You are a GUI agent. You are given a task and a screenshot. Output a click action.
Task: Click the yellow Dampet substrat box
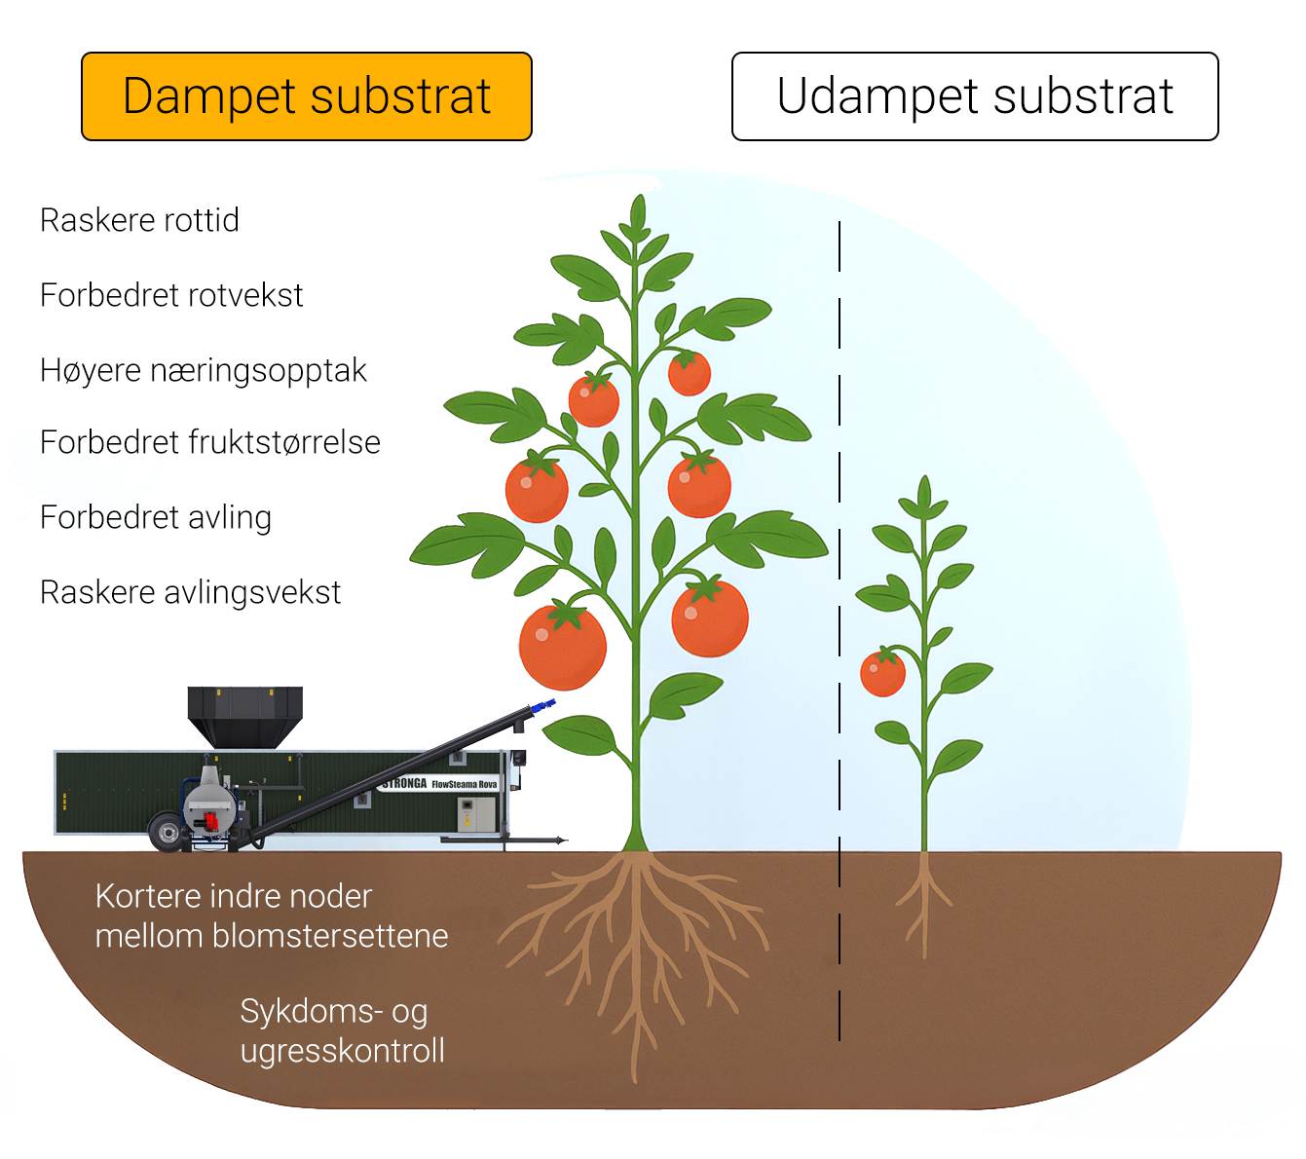pos(307,96)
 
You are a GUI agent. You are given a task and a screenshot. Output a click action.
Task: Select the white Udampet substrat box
pos(975,96)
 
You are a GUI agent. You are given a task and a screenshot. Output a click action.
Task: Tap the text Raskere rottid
pos(139,220)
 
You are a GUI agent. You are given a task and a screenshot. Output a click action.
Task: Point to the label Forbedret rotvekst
pos(171,295)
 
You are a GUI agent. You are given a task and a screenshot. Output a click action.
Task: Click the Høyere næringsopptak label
pos(204,370)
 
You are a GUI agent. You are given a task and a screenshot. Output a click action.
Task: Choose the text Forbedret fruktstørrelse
pos(210,442)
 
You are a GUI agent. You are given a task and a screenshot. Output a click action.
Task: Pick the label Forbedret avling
pos(156,517)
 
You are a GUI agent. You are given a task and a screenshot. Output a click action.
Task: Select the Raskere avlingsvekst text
pos(191,592)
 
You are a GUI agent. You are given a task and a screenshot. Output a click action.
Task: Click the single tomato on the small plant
pos(883,674)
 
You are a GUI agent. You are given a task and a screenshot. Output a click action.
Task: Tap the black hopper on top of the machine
pos(244,715)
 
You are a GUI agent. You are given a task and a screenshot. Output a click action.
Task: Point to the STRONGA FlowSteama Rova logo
pos(440,783)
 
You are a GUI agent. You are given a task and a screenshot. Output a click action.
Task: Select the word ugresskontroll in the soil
pos(343,1051)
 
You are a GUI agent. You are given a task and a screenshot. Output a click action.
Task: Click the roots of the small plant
pos(923,901)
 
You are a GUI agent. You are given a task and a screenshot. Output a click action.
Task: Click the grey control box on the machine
pos(477,812)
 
